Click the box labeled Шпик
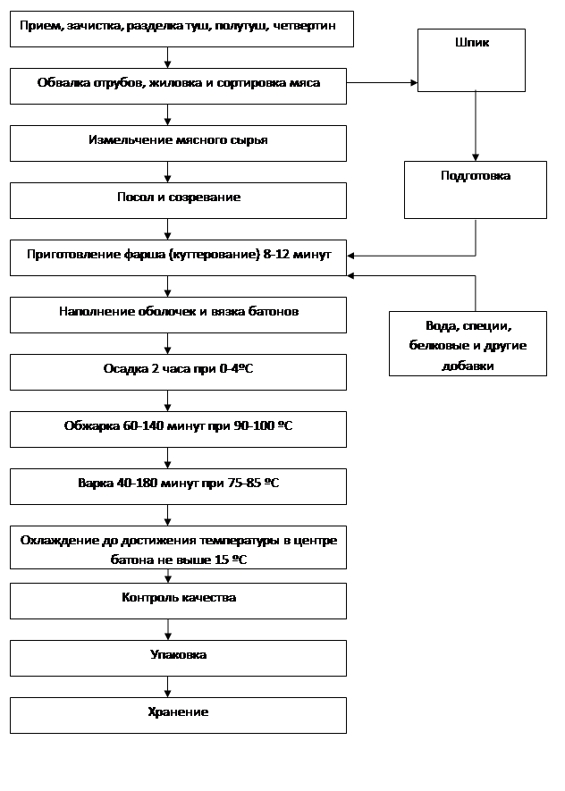click(x=471, y=60)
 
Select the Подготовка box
click(x=475, y=189)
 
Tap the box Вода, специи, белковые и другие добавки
click(x=468, y=343)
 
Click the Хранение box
click(x=178, y=714)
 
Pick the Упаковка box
click(x=178, y=657)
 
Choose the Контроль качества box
click(x=178, y=600)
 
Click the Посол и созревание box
click(x=178, y=199)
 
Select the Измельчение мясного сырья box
click(x=178, y=142)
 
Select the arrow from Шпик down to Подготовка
click(x=475, y=125)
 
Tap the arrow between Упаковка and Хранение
click(x=167, y=686)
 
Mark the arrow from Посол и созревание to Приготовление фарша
click(x=167, y=229)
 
